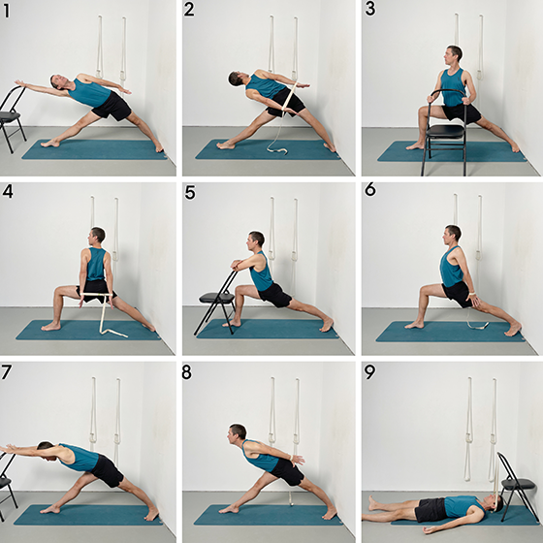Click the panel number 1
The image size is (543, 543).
click(6, 11)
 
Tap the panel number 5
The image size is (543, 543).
click(190, 193)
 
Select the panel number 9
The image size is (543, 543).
click(369, 372)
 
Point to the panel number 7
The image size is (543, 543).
click(6, 372)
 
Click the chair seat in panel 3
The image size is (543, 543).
click(445, 131)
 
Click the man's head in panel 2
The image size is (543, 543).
click(237, 79)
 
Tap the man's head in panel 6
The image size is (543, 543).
click(452, 234)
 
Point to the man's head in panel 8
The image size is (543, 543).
click(237, 433)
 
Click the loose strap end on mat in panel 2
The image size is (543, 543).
click(277, 150)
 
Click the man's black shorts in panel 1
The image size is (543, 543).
click(112, 106)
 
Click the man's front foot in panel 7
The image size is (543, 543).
click(50, 509)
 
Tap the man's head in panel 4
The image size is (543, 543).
click(96, 237)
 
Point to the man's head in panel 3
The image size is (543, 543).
click(453, 55)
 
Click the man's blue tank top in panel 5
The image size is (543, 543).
click(261, 272)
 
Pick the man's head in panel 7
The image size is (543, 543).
click(48, 450)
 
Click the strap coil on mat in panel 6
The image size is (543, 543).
click(478, 325)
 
